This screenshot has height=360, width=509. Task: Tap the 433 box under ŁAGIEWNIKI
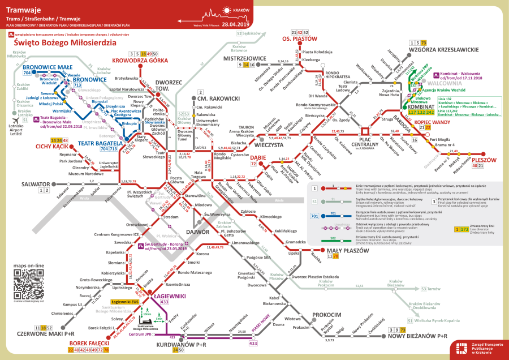pyautogui.click(x=165, y=302)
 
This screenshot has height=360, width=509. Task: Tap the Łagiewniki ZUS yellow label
pyautogui.click(x=125, y=302)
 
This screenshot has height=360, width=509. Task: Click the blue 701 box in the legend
pyautogui.click(x=314, y=216)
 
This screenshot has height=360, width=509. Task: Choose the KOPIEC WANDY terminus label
pyautogui.click(x=432, y=122)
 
